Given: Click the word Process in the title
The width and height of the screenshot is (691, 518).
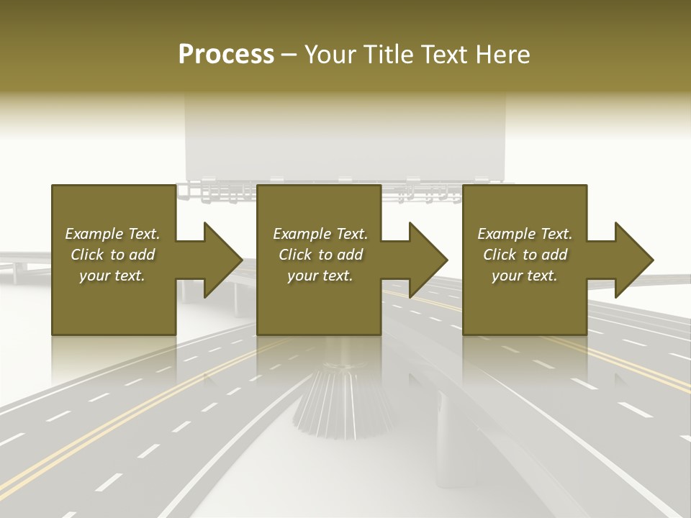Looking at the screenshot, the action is (226, 55).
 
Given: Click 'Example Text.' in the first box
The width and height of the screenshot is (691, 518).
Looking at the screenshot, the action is (112, 234).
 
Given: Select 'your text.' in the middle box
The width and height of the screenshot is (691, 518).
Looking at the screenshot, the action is (320, 276).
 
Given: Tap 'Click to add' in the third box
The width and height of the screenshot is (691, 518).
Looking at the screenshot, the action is (525, 255).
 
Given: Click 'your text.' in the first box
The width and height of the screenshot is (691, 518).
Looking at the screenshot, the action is (112, 276).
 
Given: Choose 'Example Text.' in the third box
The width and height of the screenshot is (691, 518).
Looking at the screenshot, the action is (525, 234).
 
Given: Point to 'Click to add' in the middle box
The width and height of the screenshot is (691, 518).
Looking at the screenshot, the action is (320, 255).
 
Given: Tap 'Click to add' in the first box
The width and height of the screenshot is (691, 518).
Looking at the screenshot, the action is (112, 255).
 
